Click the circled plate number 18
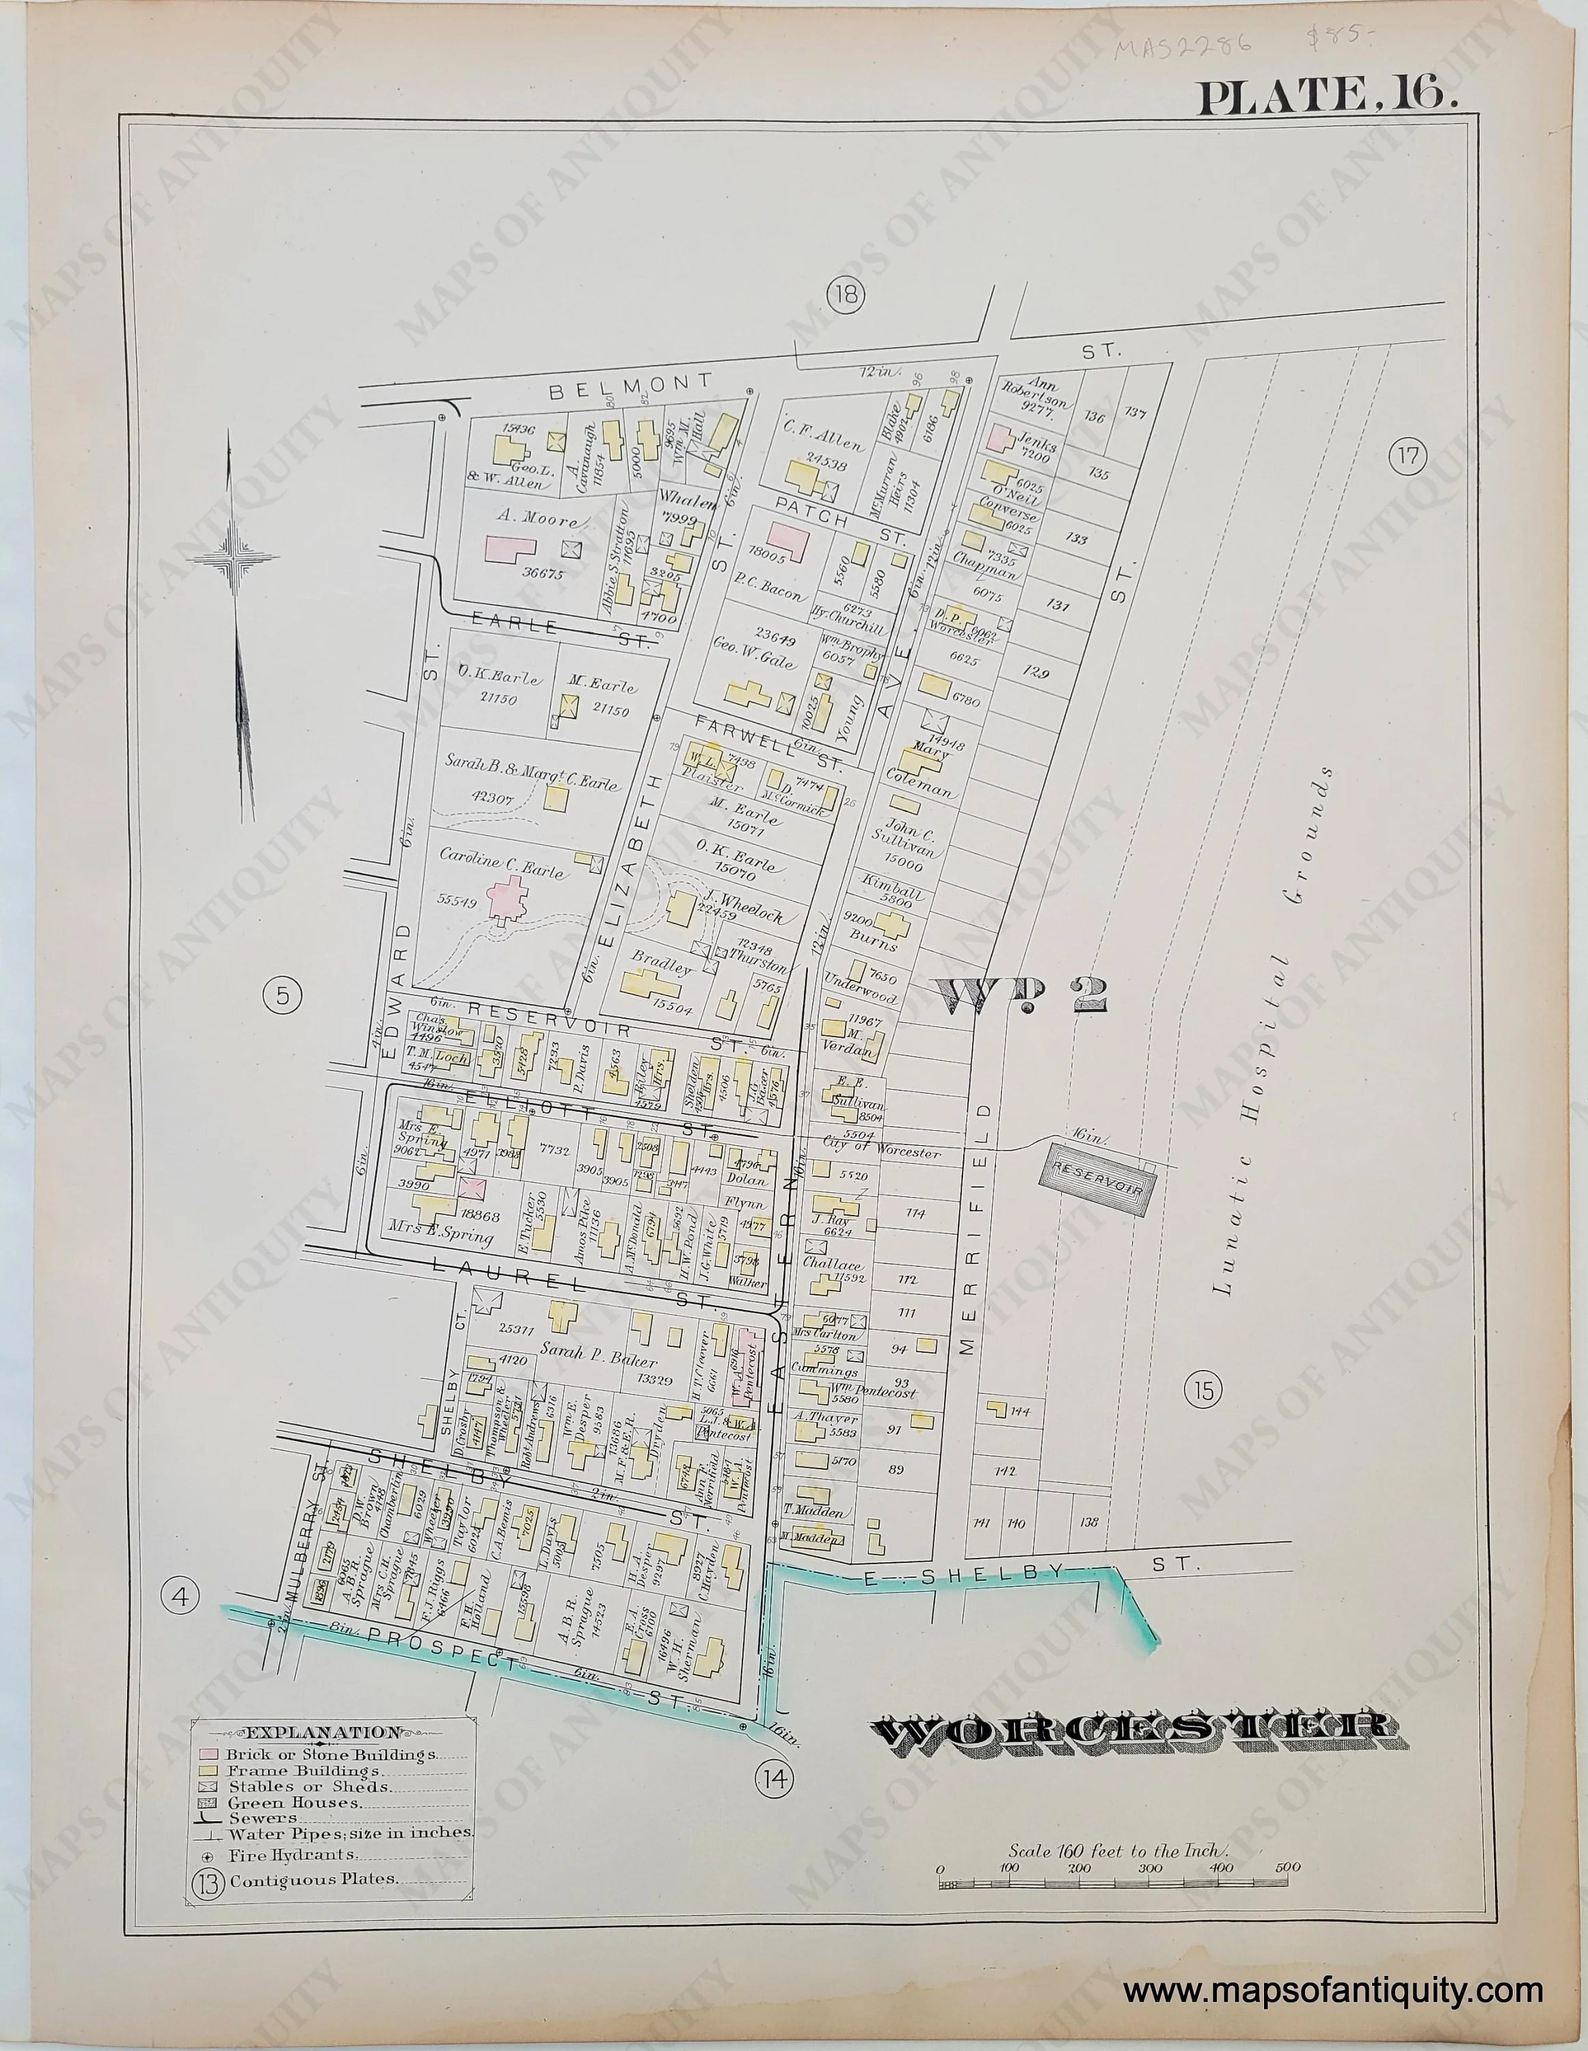[x=844, y=296]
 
